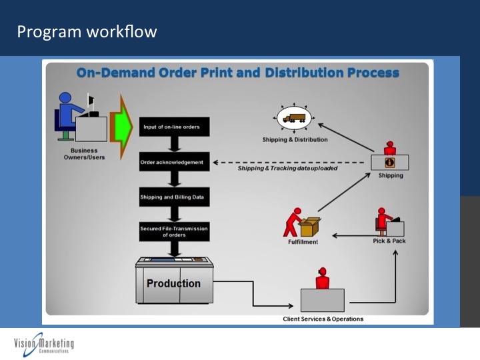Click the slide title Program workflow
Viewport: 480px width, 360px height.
(87, 31)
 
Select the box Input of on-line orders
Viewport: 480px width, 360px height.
(175, 126)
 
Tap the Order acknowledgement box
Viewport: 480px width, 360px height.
(175, 162)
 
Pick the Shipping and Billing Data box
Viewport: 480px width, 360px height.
(175, 197)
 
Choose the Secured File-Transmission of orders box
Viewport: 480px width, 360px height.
(175, 231)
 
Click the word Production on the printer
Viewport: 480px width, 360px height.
(173, 283)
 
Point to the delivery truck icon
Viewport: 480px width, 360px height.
(293, 119)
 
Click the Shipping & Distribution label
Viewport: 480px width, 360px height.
(295, 140)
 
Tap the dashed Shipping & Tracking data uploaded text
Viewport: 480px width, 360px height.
(288, 168)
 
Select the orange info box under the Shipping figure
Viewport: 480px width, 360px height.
(390, 162)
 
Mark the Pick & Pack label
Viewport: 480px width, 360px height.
(389, 241)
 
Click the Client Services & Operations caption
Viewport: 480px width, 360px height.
(323, 319)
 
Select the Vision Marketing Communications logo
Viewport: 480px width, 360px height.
(44, 345)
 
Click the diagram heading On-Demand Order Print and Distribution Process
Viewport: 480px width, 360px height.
(238, 72)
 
